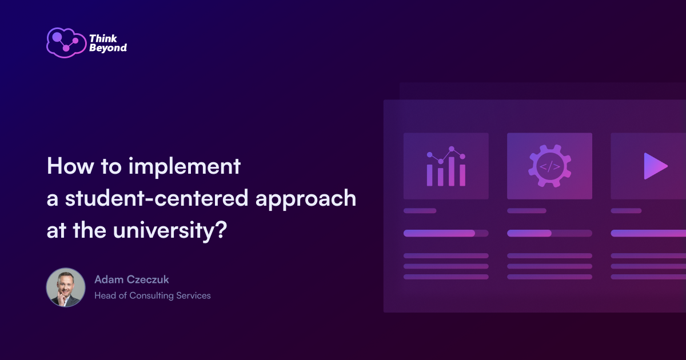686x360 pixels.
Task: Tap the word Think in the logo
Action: pyautogui.click(x=102, y=38)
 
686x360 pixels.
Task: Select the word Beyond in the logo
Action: pyautogui.click(x=107, y=49)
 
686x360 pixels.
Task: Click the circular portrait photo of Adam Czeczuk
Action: pyautogui.click(x=66, y=287)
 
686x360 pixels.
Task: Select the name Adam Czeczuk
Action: pyautogui.click(x=131, y=279)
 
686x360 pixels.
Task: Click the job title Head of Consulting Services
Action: pyautogui.click(x=153, y=295)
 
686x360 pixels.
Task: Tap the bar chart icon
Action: pyautogui.click(x=446, y=166)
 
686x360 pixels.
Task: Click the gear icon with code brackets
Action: pyautogui.click(x=549, y=166)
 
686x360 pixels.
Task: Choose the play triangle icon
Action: pyautogui.click(x=655, y=166)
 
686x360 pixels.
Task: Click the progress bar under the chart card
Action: pyautogui.click(x=446, y=233)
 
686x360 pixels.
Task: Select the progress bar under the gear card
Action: pyautogui.click(x=549, y=233)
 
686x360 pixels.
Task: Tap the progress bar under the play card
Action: pyautogui.click(x=648, y=233)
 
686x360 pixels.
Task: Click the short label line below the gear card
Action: pyautogui.click(x=527, y=211)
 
